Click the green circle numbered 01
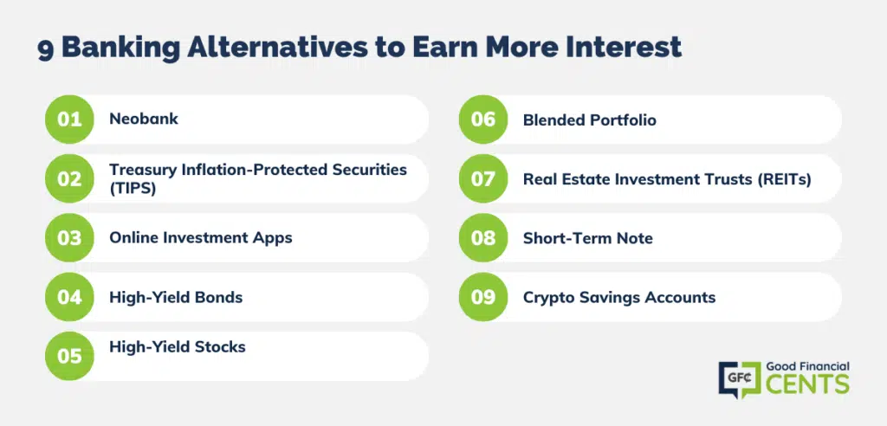point(69,119)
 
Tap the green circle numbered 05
point(69,356)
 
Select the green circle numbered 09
point(483,297)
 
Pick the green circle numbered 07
point(483,178)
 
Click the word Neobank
point(144,119)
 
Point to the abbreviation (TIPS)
point(133,189)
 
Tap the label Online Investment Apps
point(201,237)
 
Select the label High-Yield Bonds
point(176,297)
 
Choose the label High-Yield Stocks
point(178,347)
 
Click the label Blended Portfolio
point(589,120)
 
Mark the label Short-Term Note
point(588,238)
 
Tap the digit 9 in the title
point(45,49)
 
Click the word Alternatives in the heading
point(276,47)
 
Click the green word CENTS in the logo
point(807,384)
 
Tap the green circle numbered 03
point(69,237)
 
